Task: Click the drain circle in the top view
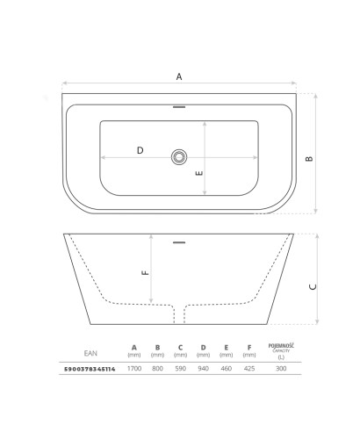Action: [179, 157]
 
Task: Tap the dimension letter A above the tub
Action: [179, 76]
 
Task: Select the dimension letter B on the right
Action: [309, 159]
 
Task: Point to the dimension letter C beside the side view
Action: [313, 287]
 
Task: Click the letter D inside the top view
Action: [140, 150]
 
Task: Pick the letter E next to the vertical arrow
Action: [199, 173]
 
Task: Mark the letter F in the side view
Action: [145, 273]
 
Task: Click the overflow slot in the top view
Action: [179, 107]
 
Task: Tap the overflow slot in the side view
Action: [179, 242]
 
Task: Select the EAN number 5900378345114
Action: [90, 369]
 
